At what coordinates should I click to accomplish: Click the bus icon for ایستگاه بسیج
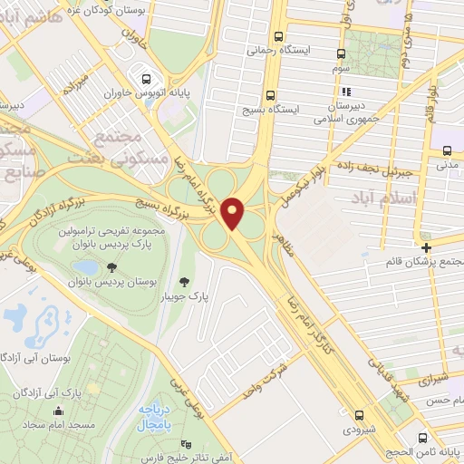[x=271, y=95]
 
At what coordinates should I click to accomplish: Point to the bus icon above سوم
[x=341, y=53]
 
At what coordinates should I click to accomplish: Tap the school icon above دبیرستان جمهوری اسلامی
[x=344, y=92]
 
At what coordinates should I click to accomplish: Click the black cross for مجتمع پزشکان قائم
[x=426, y=246]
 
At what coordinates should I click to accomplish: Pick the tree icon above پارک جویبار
[x=186, y=282]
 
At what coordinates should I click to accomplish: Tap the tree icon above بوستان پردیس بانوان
[x=111, y=267]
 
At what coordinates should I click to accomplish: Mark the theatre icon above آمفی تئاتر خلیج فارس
[x=187, y=444]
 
